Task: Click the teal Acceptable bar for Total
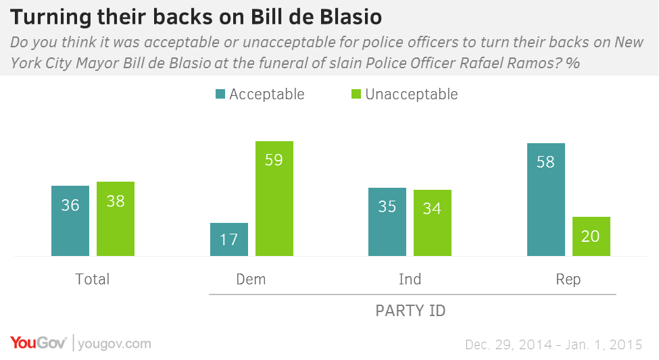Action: [x=70, y=221]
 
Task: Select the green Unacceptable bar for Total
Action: [x=116, y=219]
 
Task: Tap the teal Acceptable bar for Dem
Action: [x=229, y=240]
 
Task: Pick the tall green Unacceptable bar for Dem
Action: [x=274, y=199]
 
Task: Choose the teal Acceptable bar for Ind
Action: [x=387, y=222]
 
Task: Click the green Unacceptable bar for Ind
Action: [x=433, y=223]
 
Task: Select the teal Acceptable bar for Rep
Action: [x=546, y=199]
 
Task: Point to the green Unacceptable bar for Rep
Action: [x=591, y=236]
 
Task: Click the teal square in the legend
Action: [x=220, y=95]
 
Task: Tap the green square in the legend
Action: [x=356, y=95]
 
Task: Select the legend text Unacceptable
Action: [x=411, y=95]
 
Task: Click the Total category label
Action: [x=93, y=279]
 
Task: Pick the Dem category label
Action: [x=251, y=279]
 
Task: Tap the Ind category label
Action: [x=410, y=279]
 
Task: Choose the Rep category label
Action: [x=568, y=279]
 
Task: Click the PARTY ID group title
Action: [x=410, y=311]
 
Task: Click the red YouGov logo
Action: [x=38, y=343]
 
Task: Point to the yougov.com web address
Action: [x=114, y=344]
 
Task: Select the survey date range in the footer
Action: [x=554, y=344]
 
